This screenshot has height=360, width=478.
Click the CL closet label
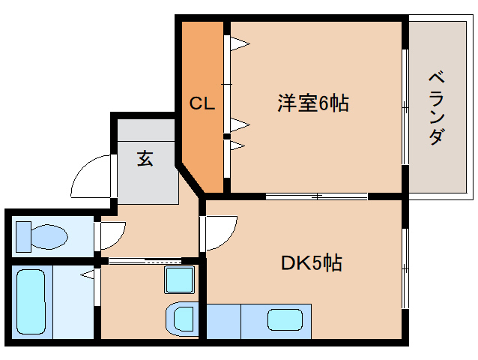(202, 104)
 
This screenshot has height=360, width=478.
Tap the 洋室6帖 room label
(313, 103)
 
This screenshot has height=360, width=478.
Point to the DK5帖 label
(312, 262)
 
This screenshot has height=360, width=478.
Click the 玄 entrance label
(145, 158)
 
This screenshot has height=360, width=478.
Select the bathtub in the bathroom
(31, 302)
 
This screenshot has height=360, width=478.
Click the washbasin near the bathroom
(182, 317)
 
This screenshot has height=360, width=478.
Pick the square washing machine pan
(180, 281)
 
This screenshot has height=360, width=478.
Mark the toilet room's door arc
(111, 234)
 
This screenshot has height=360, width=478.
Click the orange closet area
(202, 142)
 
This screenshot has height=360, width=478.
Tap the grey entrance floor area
(146, 180)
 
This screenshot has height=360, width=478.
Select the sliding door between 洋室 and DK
(317, 196)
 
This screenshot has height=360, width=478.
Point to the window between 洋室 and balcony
(405, 107)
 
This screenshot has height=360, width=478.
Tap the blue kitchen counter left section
(223, 321)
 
